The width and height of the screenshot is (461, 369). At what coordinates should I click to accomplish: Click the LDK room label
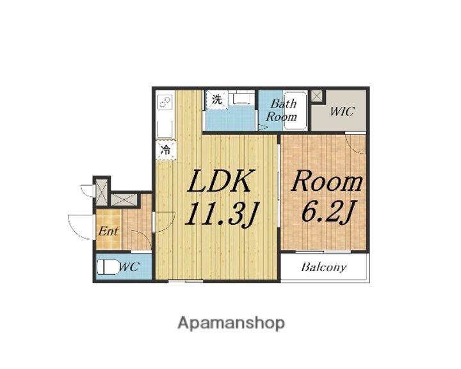[220, 181]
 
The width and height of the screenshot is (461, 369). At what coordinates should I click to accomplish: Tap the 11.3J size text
[221, 214]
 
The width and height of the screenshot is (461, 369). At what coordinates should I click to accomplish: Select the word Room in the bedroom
[327, 181]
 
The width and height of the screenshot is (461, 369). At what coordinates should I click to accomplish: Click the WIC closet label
[342, 111]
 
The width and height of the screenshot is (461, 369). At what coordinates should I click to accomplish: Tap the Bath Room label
[282, 110]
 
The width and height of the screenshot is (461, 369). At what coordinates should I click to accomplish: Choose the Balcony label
[324, 267]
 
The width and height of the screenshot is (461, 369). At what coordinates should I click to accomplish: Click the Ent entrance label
[108, 231]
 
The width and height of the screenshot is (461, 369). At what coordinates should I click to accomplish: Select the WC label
[129, 267]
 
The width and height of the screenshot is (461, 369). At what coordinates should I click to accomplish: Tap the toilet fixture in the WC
[108, 268]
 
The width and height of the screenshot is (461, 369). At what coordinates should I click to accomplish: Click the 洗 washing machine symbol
[216, 100]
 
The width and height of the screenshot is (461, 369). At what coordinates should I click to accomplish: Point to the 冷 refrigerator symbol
[166, 150]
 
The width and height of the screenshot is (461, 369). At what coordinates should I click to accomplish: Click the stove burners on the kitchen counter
[165, 102]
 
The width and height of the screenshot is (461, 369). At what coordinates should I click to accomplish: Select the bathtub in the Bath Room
[295, 111]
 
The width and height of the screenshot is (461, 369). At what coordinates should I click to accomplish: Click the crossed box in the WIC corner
[316, 96]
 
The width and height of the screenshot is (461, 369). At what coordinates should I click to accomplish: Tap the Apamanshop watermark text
[231, 323]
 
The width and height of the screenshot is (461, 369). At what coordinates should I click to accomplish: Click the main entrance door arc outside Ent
[77, 227]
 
